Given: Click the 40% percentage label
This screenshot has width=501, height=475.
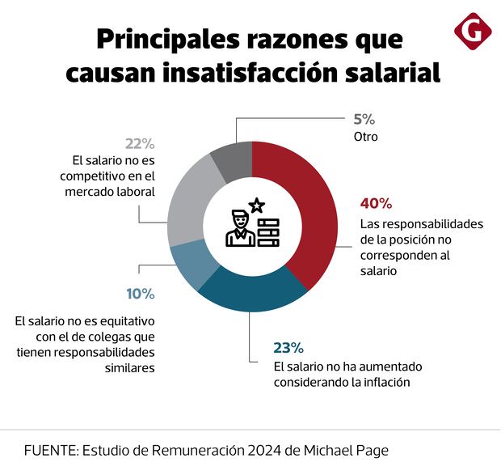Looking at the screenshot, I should [376, 203].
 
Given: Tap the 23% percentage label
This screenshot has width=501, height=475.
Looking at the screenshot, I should [288, 348].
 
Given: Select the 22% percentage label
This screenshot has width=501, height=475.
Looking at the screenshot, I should [139, 143].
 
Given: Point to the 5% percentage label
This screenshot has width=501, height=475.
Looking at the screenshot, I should [364, 120].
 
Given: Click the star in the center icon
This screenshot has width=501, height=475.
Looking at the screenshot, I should [256, 206].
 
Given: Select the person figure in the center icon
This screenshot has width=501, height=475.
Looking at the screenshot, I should [238, 228].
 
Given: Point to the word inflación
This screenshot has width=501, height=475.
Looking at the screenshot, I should [384, 382].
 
